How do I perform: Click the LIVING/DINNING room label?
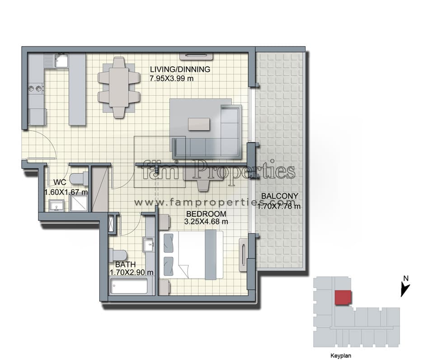point(180,69)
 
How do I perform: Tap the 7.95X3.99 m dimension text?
point(171,79)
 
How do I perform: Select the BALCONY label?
point(279,196)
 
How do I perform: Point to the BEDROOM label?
point(206,214)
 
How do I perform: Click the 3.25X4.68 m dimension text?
point(206,222)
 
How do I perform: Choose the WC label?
point(60,182)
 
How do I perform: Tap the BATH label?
point(125,264)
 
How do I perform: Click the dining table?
point(119,87)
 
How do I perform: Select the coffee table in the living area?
point(199,124)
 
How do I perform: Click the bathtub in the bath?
point(129,285)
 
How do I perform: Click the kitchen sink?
point(61,61)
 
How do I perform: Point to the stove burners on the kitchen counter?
point(36,88)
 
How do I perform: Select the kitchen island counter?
point(77,89)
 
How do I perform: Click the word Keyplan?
point(341,355)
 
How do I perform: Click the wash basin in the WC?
point(57,206)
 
